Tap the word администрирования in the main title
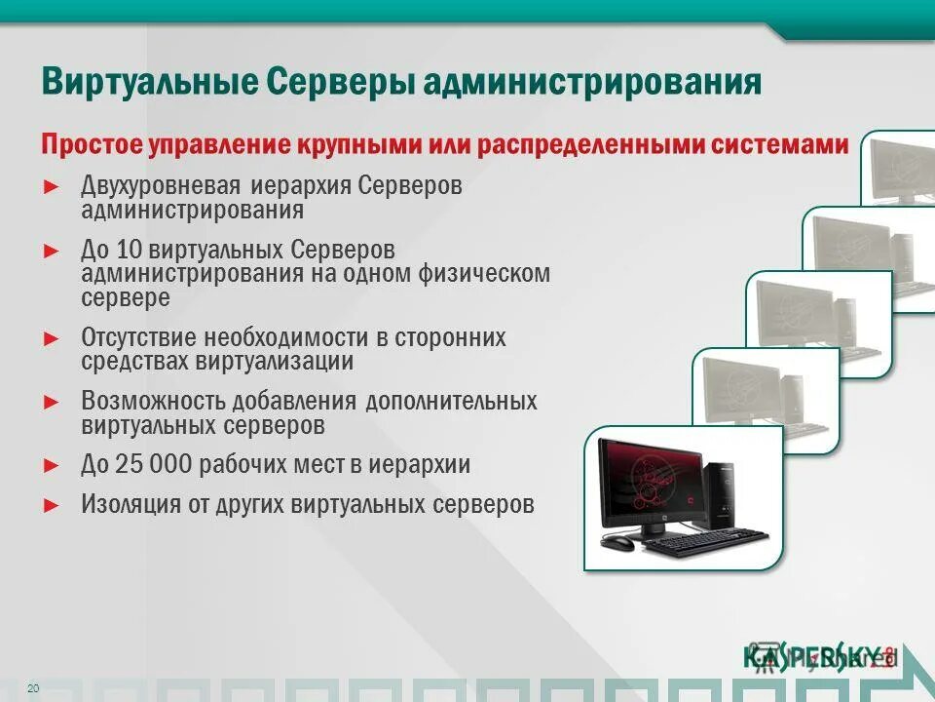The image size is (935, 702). coord(591,82)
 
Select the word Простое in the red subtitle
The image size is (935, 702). coord(91,145)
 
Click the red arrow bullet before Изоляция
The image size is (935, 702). coord(52,505)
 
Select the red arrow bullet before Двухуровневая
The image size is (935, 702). coord(52,185)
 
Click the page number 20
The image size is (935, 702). coord(33,689)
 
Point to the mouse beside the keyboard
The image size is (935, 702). coord(617,543)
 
